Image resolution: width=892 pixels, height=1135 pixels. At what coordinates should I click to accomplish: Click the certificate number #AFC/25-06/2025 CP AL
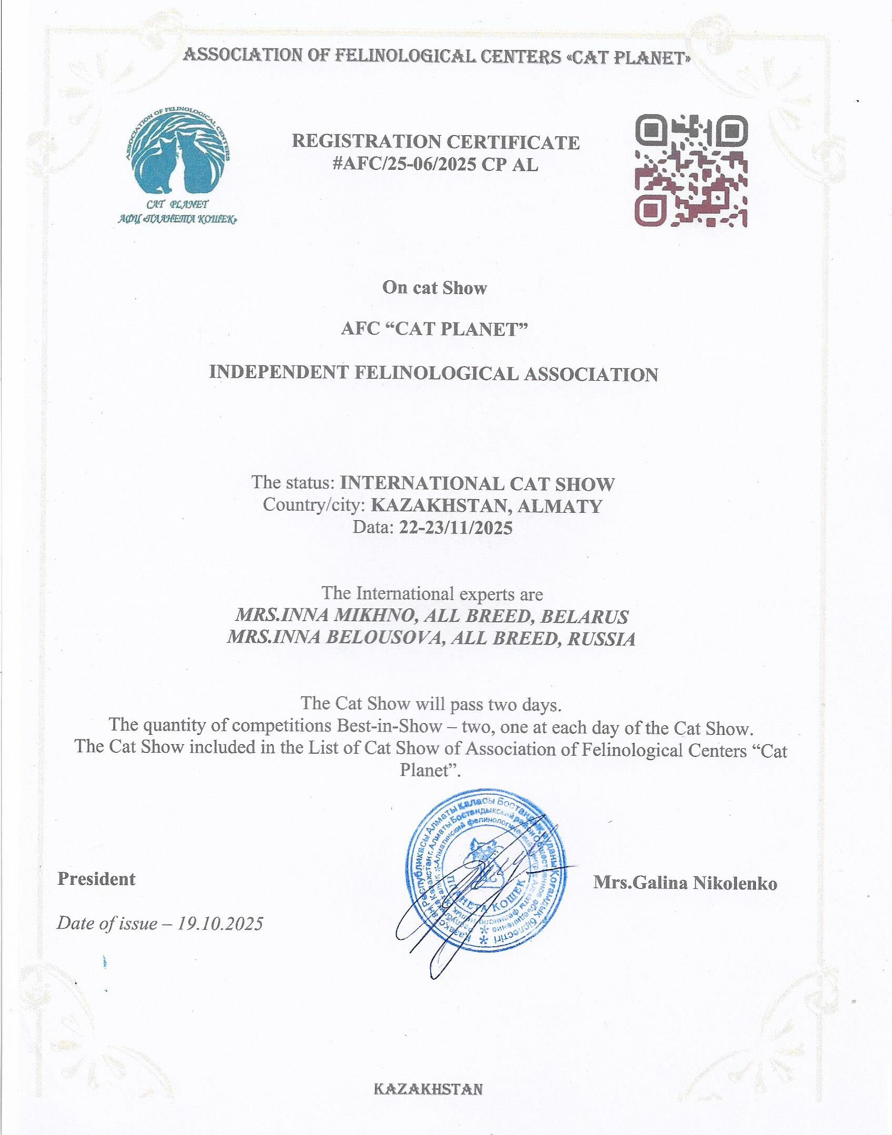click(x=435, y=165)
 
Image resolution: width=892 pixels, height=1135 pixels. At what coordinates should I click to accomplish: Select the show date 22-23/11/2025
click(x=455, y=527)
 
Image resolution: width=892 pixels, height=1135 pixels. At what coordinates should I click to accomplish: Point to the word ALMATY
click(x=560, y=506)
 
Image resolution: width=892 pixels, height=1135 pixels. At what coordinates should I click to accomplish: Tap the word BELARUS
click(x=584, y=616)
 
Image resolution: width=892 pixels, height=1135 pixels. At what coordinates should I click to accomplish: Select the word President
click(x=97, y=879)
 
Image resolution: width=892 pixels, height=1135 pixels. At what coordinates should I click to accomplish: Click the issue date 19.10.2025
click(x=220, y=923)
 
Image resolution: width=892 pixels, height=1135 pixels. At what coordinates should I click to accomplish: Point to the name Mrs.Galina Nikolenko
click(x=685, y=883)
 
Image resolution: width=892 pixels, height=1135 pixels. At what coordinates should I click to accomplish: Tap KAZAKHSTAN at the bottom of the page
click(x=428, y=1089)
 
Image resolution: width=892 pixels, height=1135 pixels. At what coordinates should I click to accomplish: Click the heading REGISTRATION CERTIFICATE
click(x=435, y=141)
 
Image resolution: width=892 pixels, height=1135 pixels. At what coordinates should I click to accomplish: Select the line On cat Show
click(x=434, y=288)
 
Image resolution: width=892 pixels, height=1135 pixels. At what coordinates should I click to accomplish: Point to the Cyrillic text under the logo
click(x=177, y=219)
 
